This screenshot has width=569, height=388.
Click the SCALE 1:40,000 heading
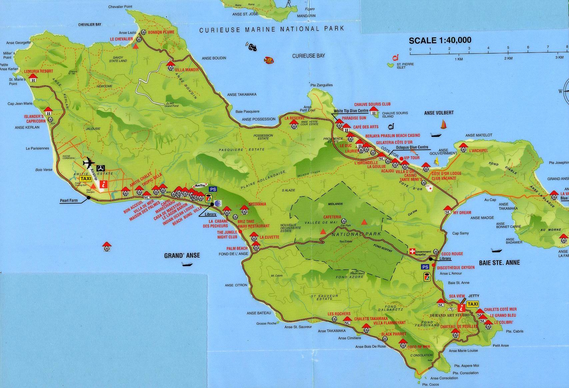(440, 40)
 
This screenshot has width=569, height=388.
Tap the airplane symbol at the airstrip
(89, 163)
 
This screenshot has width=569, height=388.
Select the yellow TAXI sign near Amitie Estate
(86, 179)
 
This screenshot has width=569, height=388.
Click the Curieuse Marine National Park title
(271, 30)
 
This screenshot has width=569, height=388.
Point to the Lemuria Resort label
(39, 71)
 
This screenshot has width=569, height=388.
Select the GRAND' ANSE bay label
(182, 255)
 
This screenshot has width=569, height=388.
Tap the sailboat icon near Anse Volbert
(444, 125)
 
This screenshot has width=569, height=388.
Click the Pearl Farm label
(69, 200)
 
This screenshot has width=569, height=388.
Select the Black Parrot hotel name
(394, 334)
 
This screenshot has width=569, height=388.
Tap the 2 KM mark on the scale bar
(508, 58)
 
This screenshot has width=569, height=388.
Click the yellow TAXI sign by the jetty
(473, 304)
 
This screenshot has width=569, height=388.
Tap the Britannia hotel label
(257, 204)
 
